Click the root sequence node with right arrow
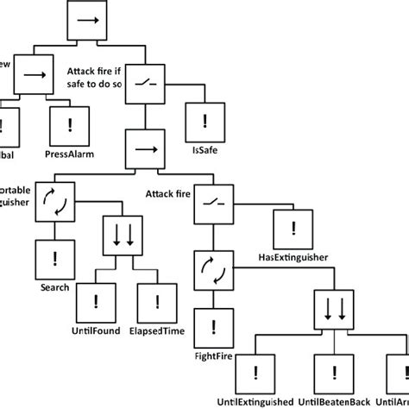click(x=88, y=22)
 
